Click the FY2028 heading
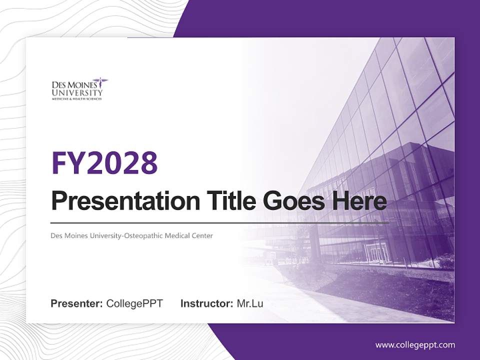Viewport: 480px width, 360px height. tap(104, 162)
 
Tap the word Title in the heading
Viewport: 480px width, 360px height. tap(228, 201)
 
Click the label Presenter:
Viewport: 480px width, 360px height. tap(77, 303)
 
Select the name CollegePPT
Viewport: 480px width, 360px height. tap(134, 303)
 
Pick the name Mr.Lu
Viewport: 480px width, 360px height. tap(250, 303)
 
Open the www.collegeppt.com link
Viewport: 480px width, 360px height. tap(415, 345)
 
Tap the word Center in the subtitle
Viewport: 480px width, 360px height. tap(202, 235)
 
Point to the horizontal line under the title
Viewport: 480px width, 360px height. tap(220, 222)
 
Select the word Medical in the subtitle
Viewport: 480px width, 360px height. tap(177, 235)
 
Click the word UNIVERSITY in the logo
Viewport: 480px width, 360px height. tap(77, 92)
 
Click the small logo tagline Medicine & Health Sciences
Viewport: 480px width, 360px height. tap(77, 99)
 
